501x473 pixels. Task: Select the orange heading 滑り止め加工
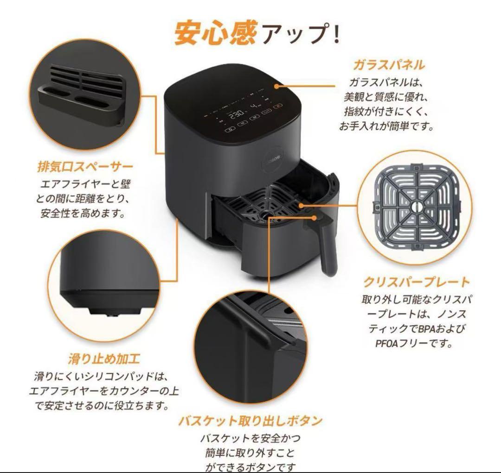[104, 358]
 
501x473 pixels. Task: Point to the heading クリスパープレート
[416, 282]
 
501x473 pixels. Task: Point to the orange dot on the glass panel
[276, 86]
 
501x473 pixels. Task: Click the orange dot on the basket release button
[317, 217]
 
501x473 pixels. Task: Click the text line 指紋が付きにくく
[389, 111]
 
